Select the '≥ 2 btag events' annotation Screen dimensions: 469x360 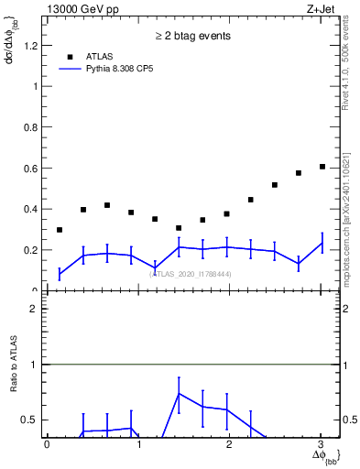191,36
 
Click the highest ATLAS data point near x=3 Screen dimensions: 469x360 322,167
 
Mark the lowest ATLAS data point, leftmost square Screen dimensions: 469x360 60,230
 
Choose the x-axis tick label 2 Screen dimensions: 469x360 229,444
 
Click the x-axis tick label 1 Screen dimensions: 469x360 138,444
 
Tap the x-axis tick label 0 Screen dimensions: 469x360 47,444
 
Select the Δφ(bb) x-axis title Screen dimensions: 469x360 324,455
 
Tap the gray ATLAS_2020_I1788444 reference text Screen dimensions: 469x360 191,274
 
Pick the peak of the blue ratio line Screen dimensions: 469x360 179,393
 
